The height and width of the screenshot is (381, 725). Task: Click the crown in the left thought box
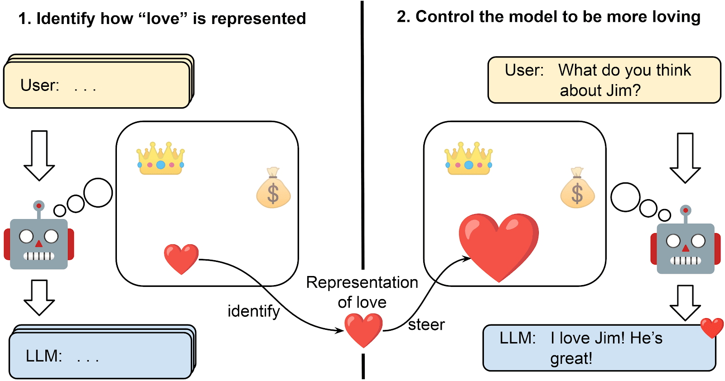point(161,158)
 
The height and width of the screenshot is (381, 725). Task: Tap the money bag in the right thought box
point(577,189)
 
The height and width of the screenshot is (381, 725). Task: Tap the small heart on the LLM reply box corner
point(712,328)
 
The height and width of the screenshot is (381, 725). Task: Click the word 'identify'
point(254,311)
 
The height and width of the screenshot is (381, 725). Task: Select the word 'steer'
point(426,325)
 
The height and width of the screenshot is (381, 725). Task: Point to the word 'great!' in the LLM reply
point(571,358)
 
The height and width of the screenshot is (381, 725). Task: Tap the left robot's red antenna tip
point(39,206)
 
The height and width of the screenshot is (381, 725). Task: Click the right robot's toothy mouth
point(685,261)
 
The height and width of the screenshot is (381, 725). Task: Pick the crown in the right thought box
point(469,158)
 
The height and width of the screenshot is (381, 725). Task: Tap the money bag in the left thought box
point(273,189)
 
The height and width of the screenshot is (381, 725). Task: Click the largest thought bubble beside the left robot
point(98,193)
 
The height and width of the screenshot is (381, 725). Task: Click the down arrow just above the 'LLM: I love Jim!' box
point(685,302)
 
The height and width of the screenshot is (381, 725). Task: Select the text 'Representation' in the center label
point(362,282)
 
